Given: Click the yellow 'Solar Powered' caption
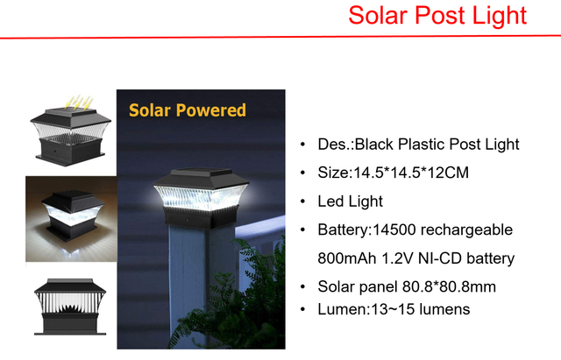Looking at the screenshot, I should point(187,110).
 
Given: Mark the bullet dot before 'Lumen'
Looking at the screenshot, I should point(302,310).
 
